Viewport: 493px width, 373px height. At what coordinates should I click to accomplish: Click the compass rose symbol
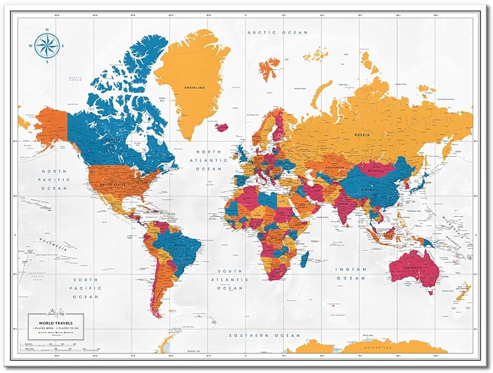tap(47, 45)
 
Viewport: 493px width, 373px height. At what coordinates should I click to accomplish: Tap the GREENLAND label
tap(194, 88)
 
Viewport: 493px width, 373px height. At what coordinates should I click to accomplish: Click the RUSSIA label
tap(362, 134)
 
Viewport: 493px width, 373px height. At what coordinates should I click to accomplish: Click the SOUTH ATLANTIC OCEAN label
tap(229, 279)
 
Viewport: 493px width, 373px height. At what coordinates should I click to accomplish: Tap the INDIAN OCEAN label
tap(351, 274)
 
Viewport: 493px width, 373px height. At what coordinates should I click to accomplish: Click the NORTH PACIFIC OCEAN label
tap(54, 180)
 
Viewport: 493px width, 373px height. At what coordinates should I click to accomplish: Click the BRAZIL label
tap(180, 245)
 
